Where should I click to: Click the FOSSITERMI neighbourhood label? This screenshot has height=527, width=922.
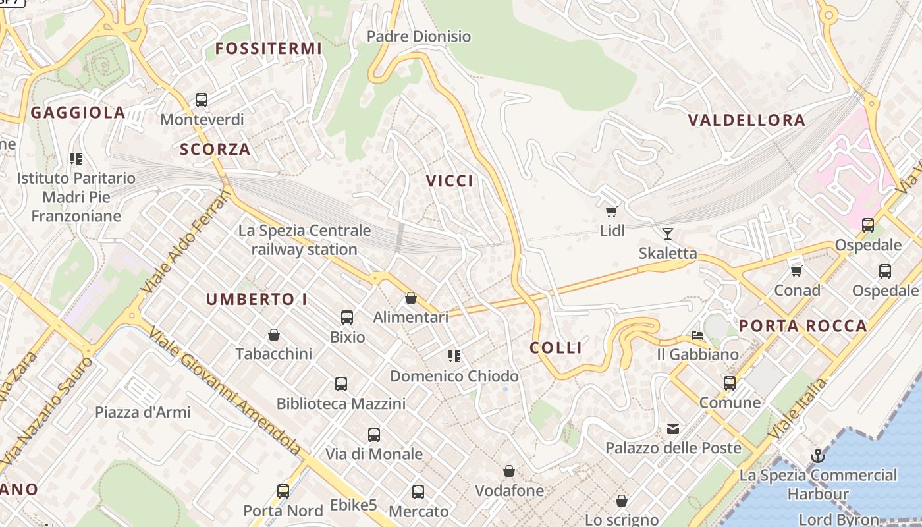point(269,48)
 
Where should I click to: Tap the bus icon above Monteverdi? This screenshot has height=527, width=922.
point(202,100)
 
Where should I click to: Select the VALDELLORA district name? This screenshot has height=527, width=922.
point(747,120)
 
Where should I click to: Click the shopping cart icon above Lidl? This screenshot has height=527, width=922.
point(612,211)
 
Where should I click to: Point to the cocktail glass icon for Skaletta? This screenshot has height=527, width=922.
point(668,233)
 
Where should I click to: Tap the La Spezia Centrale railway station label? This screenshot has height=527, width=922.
point(304,240)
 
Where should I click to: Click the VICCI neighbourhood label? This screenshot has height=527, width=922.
point(450,181)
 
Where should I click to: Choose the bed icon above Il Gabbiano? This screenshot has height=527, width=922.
point(697,335)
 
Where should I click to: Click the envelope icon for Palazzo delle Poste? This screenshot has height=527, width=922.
point(673,430)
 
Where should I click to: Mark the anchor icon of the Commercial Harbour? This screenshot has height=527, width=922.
point(817,456)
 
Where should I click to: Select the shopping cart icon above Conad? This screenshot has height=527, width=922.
point(797,271)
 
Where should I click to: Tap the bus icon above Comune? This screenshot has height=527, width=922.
point(730,383)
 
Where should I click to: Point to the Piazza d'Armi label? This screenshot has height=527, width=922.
point(143,412)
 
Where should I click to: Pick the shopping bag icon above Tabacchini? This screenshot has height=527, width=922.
point(274,335)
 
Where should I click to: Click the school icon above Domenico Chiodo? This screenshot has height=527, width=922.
point(454,356)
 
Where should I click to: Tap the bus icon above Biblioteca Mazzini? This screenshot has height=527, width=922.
point(341,383)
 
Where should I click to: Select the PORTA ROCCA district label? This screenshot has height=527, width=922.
point(803,326)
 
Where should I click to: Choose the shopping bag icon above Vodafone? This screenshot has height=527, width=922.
point(509,471)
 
